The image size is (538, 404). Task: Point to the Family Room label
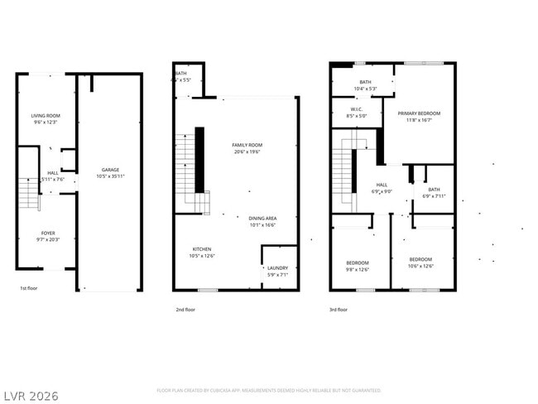(x=247, y=146)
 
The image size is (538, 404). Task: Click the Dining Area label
(x=263, y=219)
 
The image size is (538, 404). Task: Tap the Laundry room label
(x=276, y=267)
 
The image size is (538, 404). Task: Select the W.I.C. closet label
(x=357, y=108)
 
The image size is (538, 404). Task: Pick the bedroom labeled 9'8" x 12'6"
(x=357, y=263)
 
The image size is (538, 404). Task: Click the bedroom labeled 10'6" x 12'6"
(x=420, y=260)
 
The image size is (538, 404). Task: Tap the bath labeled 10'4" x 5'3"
(x=365, y=82)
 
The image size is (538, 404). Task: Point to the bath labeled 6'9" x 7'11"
(x=434, y=190)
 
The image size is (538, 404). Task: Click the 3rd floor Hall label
(x=382, y=185)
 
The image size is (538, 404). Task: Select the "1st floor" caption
(x=30, y=288)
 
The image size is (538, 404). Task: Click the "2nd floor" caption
(x=185, y=309)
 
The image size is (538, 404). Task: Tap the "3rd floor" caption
(x=339, y=309)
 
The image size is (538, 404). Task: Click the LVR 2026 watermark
(x=30, y=395)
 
